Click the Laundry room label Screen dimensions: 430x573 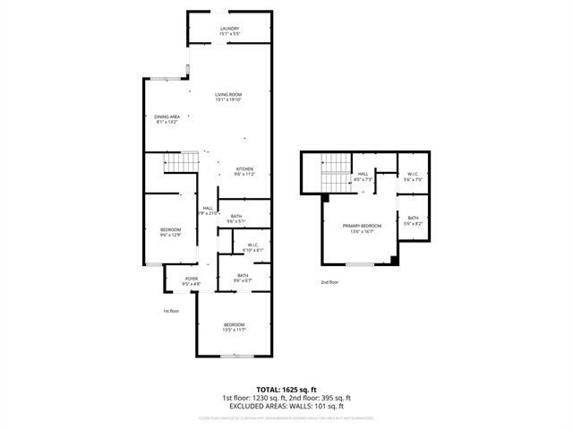[x=229, y=31]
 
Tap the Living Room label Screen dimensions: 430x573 [x=228, y=97]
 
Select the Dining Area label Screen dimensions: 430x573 [x=167, y=120]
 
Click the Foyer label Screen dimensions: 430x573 [x=192, y=281]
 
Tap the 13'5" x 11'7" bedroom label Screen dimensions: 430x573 [x=234, y=327]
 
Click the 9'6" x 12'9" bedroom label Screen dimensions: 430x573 [x=170, y=232]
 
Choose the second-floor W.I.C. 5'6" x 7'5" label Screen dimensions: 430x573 [x=413, y=177]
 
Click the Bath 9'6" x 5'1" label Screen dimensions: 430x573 [x=235, y=218]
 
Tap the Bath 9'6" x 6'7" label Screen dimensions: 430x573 [x=243, y=278]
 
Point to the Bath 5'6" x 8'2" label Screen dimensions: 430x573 [x=413, y=219]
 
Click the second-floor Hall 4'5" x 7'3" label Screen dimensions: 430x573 [x=363, y=177]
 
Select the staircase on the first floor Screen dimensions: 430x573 [x=180, y=163]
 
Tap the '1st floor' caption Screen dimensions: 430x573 [x=172, y=311]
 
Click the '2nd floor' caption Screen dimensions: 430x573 [x=329, y=282]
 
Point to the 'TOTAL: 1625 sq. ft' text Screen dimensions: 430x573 [x=286, y=389]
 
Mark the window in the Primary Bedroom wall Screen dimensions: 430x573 [x=360, y=263]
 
